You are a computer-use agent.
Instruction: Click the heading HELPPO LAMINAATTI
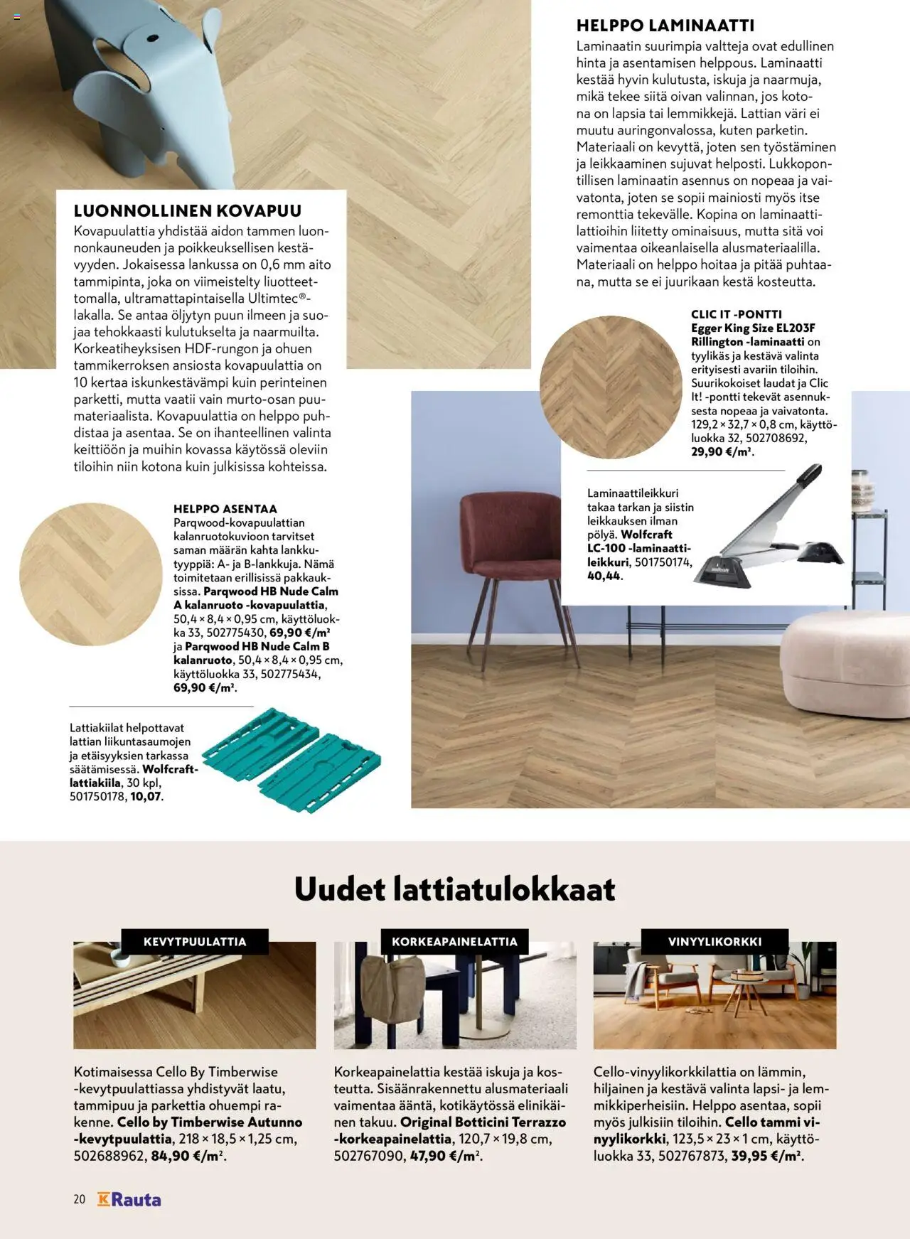point(665,26)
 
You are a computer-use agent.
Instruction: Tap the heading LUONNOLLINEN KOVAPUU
point(188,210)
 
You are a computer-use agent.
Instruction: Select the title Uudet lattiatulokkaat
point(455,889)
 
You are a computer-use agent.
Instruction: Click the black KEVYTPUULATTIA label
point(195,942)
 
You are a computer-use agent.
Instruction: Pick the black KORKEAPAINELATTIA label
point(454,942)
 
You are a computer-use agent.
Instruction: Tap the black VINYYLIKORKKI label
point(714,942)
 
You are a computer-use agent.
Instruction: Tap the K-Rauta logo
point(129,1200)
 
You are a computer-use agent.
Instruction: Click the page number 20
point(79,1200)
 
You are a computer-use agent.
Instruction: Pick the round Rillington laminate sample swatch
point(611,387)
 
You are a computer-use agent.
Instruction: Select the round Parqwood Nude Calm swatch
point(91,574)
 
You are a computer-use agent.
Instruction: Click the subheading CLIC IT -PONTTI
point(737,314)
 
